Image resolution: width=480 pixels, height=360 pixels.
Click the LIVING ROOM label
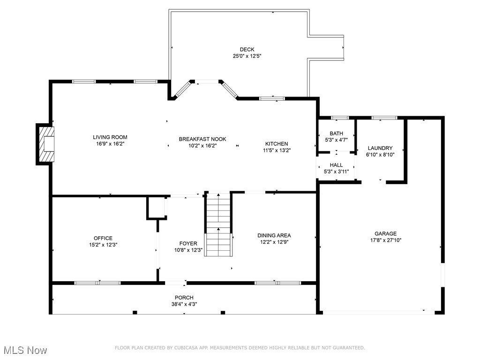[110, 137]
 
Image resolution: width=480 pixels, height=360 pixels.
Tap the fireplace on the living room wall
[45, 144]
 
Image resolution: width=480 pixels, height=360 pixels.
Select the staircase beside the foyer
[218, 224]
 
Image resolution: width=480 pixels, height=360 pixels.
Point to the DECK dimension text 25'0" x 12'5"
[247, 56]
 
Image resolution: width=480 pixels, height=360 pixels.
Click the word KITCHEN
[277, 143]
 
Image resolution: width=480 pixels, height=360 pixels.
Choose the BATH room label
[336, 134]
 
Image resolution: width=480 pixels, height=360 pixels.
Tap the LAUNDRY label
[380, 148]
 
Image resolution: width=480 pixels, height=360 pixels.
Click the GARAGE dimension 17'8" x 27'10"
[385, 240]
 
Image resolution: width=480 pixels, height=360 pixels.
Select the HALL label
[336, 165]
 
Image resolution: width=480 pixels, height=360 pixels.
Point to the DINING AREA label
[274, 235]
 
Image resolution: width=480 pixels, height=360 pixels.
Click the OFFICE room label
[103, 238]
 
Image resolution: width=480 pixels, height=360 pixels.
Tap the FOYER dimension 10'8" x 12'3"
[188, 250]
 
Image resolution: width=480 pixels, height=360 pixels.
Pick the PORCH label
[184, 298]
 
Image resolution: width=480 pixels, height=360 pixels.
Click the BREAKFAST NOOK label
[202, 139]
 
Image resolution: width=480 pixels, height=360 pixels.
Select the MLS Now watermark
[25, 350]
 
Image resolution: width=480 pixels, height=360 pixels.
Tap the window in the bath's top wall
[340, 118]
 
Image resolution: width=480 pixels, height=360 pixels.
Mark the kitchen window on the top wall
[272, 98]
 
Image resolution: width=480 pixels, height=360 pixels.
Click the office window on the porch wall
[97, 283]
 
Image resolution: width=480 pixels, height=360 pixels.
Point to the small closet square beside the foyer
[157, 208]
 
